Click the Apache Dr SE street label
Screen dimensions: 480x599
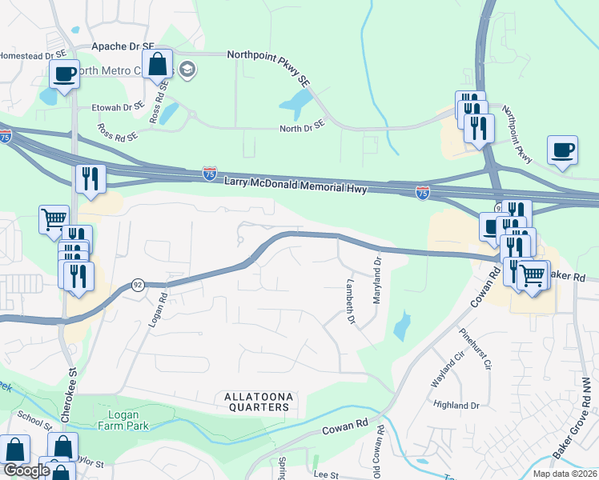coord(122,47)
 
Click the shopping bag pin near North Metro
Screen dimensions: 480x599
coord(158,64)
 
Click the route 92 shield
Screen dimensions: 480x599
coord(137,286)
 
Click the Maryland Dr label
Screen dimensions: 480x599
coord(376,279)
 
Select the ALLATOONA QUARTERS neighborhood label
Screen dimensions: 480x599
coord(255,402)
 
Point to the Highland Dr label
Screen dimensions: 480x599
coord(456,406)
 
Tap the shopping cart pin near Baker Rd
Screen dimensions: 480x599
coord(533,276)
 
